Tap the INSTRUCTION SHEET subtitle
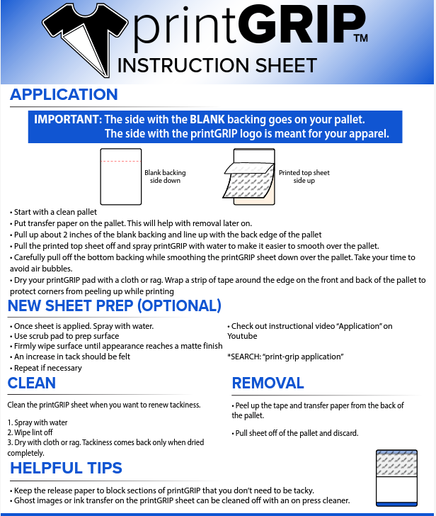coord(217,66)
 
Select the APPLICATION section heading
coord(64,95)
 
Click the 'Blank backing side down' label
coord(165,176)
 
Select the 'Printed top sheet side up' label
coord(304,176)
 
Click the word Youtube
coord(242,336)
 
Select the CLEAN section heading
coord(32,383)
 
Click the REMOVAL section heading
coord(268,383)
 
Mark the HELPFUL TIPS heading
coord(66,468)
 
